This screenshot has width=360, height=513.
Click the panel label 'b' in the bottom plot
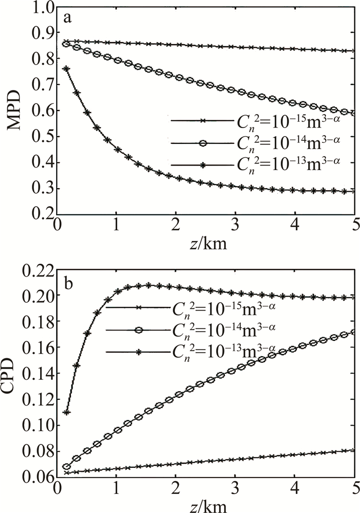click(67, 281)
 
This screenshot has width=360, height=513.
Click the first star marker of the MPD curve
click(66, 68)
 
